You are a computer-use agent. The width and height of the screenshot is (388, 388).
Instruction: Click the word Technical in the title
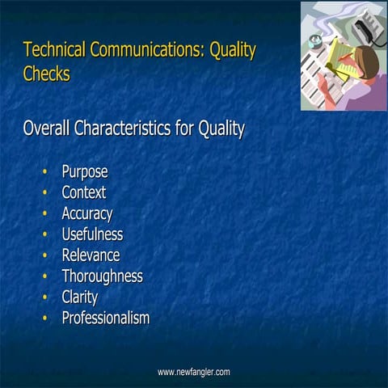[54, 50]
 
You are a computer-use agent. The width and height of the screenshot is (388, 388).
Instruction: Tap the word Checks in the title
[47, 74]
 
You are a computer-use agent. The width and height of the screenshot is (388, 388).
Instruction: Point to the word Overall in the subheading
[49, 129]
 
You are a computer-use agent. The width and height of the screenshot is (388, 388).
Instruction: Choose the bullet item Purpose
[85, 171]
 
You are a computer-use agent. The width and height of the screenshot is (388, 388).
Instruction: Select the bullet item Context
[84, 192]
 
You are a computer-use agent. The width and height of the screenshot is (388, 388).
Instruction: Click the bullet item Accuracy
[87, 213]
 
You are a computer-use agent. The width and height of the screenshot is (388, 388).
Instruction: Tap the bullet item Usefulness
[92, 234]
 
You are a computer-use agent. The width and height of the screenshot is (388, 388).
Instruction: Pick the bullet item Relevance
[91, 255]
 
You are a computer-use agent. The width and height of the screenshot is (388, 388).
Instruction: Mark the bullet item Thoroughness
[102, 276]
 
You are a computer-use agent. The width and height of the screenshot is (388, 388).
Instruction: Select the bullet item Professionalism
[106, 318]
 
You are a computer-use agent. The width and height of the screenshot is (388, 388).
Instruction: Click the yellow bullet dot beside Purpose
[44, 171]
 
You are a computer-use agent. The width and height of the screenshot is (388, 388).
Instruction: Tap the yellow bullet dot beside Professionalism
[44, 318]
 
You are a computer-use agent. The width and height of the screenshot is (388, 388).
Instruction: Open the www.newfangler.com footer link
[194, 372]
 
